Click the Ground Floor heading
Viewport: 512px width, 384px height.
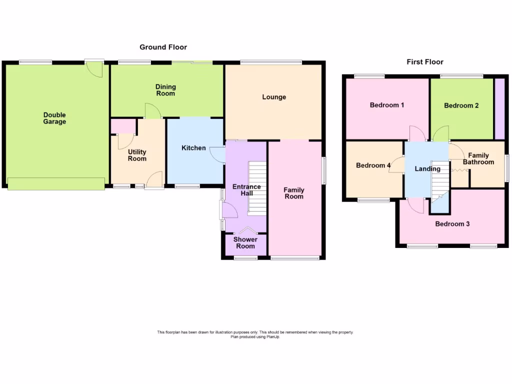[163, 47]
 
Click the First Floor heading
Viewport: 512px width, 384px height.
[425, 62]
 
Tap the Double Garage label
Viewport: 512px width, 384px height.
[54, 118]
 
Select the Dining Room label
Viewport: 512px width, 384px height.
[165, 90]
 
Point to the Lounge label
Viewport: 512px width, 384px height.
[274, 97]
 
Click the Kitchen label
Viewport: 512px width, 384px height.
[193, 148]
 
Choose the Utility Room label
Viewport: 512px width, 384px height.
[137, 155]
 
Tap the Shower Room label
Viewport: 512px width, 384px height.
[245, 243]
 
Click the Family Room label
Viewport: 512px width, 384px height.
[294, 193]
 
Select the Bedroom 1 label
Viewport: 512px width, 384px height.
[387, 105]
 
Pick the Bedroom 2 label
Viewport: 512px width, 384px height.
[461, 105]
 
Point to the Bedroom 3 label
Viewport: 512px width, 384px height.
[452, 224]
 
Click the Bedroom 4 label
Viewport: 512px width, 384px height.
[373, 165]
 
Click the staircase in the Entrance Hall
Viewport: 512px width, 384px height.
[258, 187]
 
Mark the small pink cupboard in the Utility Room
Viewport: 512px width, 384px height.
[122, 126]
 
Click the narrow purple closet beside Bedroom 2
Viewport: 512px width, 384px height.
[499, 108]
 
